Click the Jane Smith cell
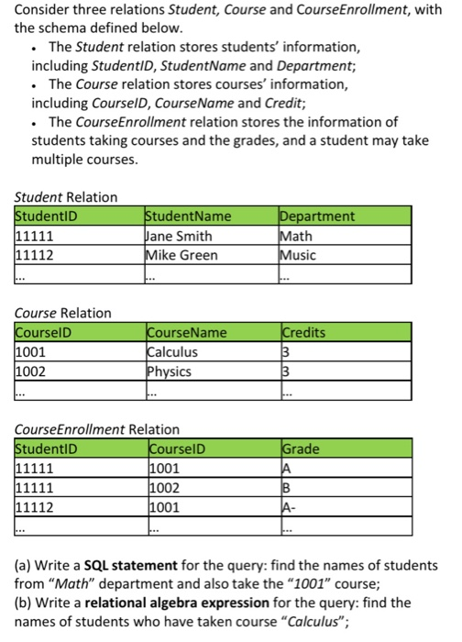coord(181,237)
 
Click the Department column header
coord(317,217)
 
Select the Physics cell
coord(170,371)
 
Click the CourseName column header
coord(188,333)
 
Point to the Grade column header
coord(301,448)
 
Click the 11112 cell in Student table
coord(35,254)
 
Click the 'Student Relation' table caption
coord(67,197)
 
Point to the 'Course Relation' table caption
coord(63,313)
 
